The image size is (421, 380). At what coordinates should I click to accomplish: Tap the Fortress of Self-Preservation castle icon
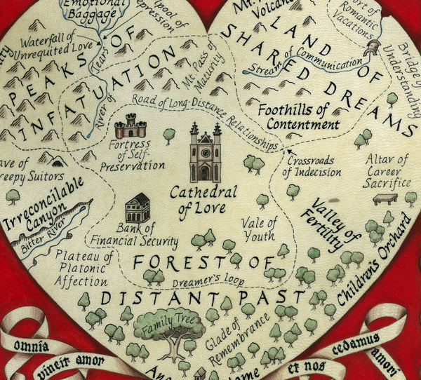[130, 126]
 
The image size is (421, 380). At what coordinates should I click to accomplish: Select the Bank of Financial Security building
[138, 208]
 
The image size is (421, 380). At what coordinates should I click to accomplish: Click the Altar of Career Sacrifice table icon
[384, 198]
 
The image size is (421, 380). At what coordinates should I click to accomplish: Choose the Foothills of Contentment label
[293, 118]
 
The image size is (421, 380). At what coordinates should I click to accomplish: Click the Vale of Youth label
[259, 229]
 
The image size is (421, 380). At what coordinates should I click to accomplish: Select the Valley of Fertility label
[327, 224]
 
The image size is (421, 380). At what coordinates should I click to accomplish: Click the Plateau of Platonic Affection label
[84, 268]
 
